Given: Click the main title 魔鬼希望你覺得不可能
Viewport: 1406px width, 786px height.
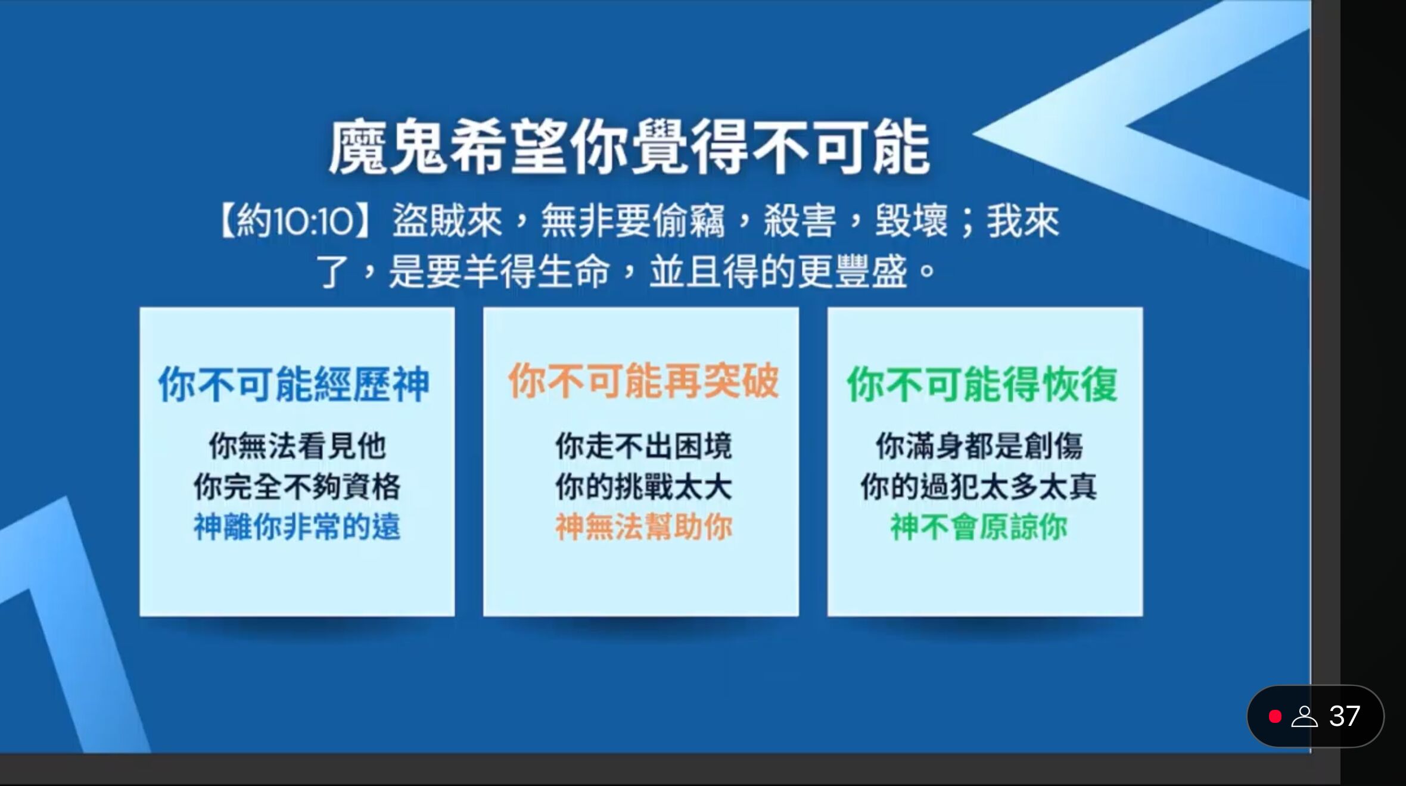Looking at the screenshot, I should (629, 148).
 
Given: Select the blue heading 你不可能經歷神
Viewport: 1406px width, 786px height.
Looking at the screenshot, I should (294, 384).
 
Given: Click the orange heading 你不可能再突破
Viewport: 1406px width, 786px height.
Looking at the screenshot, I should (643, 381).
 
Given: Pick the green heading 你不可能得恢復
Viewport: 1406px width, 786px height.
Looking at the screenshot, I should (982, 384).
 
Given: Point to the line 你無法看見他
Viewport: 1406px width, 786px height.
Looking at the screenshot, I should (297, 446).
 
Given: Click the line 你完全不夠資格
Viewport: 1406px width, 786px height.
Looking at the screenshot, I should (297, 487).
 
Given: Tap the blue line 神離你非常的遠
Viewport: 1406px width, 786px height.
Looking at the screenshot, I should (297, 527).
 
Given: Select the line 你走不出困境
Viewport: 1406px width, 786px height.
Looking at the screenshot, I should (643, 446).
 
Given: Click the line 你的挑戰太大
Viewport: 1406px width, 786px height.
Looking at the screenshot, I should (643, 487).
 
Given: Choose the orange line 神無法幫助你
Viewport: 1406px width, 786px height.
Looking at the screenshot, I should (643, 527).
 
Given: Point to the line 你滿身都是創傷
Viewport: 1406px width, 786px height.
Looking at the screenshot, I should (979, 446).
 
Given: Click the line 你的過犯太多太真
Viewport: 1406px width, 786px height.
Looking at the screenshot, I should (979, 487).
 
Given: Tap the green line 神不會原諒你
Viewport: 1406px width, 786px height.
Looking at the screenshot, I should (979, 527).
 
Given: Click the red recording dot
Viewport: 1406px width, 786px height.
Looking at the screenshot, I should (1275, 716).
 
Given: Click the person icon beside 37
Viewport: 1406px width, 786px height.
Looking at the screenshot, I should (1304, 716).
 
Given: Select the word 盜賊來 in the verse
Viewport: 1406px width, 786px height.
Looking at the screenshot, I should (447, 222).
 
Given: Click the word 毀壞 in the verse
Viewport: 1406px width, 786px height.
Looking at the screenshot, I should (910, 222).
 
